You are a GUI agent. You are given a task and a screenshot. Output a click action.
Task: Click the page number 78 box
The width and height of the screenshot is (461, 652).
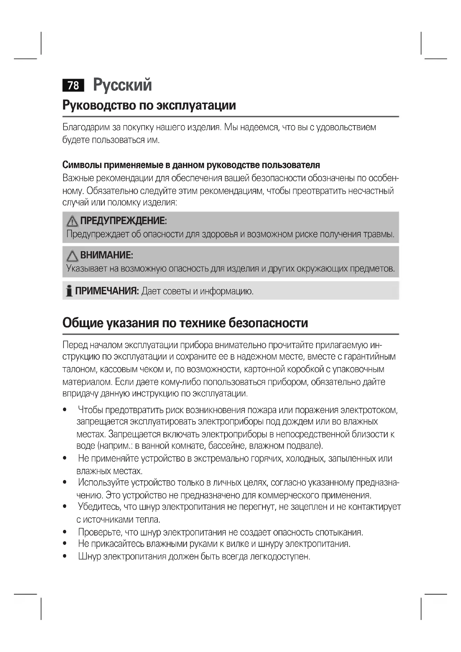tap(73, 85)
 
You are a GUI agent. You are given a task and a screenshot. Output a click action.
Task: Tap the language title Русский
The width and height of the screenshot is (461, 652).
tap(122, 85)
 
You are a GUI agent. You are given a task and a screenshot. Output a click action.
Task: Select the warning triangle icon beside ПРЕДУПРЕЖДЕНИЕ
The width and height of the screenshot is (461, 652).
tap(72, 221)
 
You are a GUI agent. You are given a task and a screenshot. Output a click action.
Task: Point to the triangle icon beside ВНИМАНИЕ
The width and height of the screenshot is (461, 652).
tap(72, 256)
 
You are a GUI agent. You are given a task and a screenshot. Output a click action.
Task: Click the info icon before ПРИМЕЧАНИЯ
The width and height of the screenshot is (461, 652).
tap(69, 291)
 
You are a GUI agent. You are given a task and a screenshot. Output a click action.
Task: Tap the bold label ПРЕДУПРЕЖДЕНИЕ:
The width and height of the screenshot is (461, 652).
tap(123, 221)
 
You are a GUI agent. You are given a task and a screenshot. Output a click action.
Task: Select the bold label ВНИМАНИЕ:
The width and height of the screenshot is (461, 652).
tap(106, 255)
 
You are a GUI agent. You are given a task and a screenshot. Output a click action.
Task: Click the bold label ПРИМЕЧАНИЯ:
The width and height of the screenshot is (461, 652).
tap(107, 291)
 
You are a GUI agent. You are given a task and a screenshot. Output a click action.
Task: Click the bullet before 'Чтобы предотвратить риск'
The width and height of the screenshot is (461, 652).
tap(65, 410)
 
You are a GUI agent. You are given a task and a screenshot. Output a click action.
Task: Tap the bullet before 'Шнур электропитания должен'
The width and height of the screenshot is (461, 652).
tap(65, 556)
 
